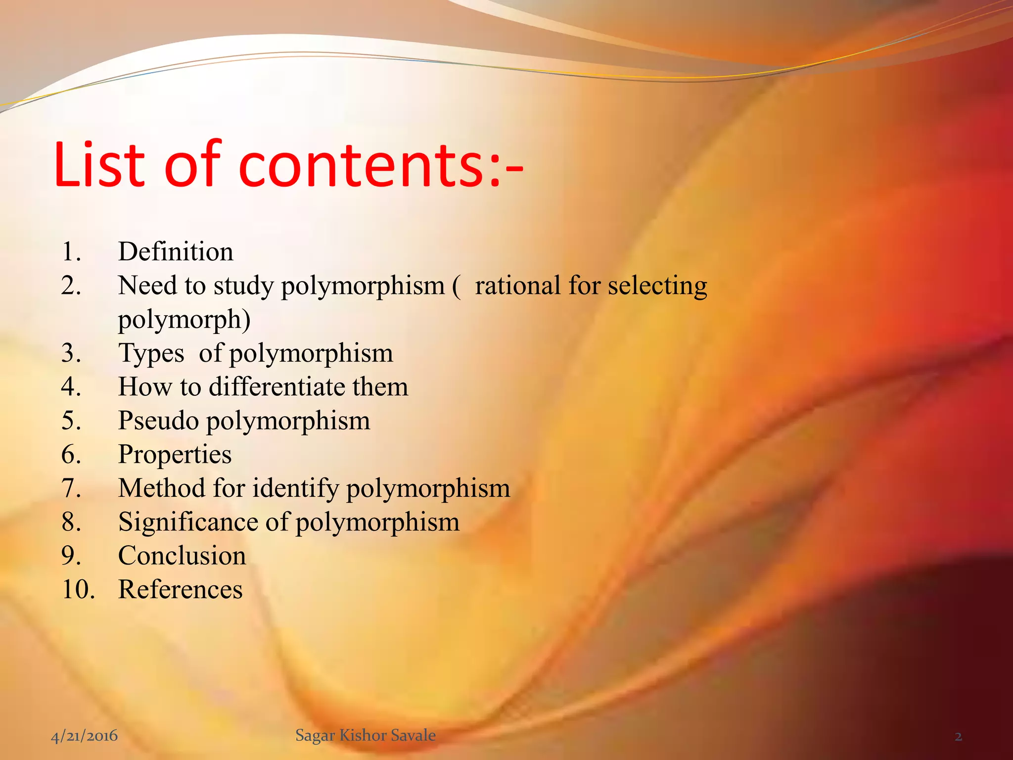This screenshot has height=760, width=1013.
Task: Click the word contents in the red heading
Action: point(363,166)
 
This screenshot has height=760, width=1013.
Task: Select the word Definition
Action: point(176,251)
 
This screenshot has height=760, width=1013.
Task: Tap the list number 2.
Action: point(71,285)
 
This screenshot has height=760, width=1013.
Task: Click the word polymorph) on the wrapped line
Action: point(184,320)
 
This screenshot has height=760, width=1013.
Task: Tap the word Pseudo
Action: point(158,421)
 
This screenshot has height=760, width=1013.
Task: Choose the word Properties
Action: point(175,455)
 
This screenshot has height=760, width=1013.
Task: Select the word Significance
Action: point(188,522)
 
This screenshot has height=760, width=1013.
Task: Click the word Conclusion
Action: point(182,556)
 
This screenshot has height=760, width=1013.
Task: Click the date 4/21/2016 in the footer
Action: point(85,736)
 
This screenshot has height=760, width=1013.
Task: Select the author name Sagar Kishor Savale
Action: point(366,735)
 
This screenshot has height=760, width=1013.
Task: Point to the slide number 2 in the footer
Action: point(958,737)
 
